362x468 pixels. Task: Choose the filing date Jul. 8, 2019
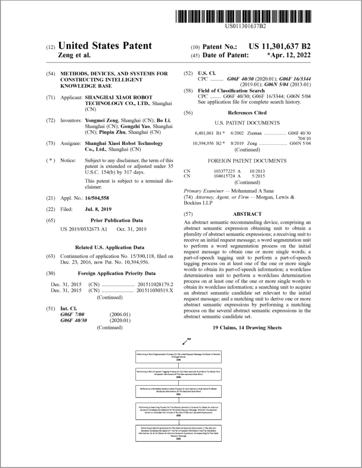(98, 209)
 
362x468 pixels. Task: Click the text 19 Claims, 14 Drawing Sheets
(247, 327)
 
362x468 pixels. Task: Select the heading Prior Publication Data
(116, 220)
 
